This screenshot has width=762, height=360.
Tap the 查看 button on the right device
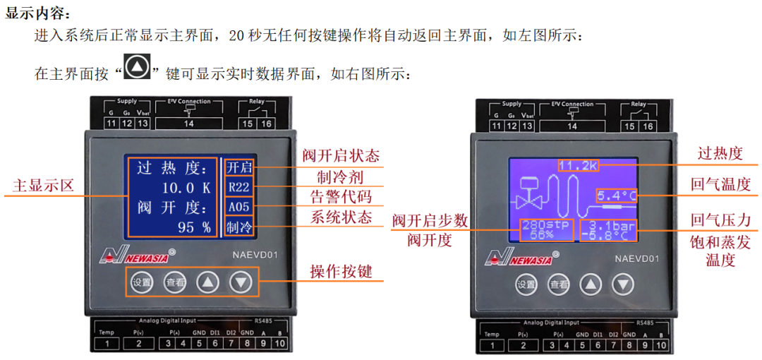559,284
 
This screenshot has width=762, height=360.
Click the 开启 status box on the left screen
238,168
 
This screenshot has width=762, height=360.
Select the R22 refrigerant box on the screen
238,188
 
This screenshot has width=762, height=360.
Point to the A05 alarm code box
238,208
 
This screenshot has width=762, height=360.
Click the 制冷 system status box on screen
238,227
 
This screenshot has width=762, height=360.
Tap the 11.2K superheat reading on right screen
578,166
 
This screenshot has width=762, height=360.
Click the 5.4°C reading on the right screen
615,195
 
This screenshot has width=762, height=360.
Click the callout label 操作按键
341,271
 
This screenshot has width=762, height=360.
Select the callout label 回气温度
720,184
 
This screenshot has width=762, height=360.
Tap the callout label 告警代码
341,196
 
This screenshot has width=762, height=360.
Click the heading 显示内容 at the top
38,13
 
